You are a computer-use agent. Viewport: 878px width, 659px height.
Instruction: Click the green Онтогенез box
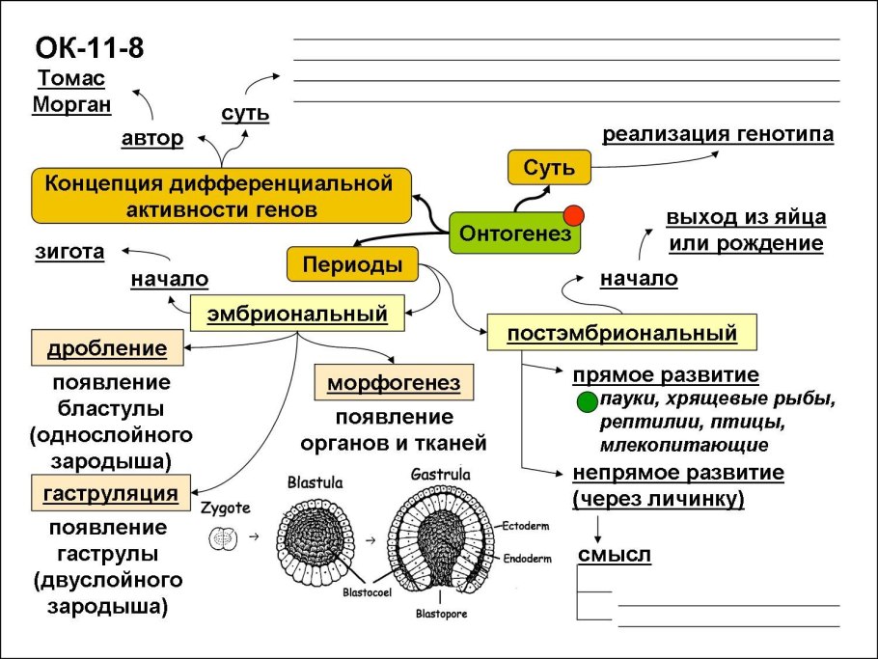pos(515,233)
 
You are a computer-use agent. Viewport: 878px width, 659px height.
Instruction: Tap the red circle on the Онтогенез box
pos(575,213)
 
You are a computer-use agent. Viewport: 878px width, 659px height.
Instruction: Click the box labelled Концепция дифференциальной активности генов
pos(220,195)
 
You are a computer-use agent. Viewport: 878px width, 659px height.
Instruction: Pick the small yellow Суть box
pos(549,168)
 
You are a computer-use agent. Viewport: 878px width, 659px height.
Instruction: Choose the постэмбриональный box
pos(621,333)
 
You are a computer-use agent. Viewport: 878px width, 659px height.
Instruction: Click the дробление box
pos(107,348)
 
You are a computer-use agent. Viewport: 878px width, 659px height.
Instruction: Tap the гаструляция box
pos(110,494)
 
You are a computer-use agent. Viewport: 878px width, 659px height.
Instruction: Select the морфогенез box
pos(394,383)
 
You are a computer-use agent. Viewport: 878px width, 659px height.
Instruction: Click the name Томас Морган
pos(69,91)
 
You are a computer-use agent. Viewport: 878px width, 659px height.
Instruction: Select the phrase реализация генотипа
pos(718,134)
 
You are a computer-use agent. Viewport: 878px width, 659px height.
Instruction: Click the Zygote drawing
pos(223,537)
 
